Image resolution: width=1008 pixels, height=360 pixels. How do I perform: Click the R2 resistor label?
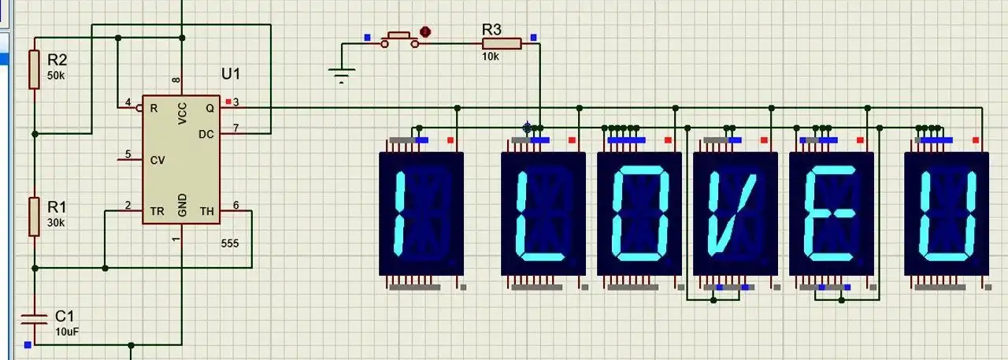pos(57,60)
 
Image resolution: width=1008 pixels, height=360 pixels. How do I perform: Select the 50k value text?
pos(56,76)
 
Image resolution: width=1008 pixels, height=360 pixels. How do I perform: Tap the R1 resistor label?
pos(57,207)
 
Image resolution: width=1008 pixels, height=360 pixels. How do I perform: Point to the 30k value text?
pos(56,223)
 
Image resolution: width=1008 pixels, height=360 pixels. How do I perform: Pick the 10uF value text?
pos(67,332)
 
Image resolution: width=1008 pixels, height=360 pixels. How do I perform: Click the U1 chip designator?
pos(231,74)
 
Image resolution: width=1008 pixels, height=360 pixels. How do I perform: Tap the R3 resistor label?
pos(492,29)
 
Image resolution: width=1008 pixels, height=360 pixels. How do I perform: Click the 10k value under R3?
pos(490,57)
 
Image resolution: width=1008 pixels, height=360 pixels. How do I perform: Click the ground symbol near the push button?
pos(340,76)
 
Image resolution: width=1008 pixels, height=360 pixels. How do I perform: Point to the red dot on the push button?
pos(425,32)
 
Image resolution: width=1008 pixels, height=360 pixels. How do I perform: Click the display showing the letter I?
pos(421,213)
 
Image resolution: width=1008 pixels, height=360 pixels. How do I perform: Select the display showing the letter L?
pos(543,213)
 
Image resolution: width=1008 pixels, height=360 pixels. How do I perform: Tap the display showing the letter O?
pos(639,213)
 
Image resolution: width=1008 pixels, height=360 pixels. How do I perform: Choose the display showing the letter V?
pos(736,213)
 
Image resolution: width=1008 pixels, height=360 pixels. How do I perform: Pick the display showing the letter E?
pos(832,213)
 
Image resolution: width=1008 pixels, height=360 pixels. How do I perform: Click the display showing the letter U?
pos(947,213)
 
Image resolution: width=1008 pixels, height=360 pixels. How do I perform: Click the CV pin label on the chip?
pos(157,160)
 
